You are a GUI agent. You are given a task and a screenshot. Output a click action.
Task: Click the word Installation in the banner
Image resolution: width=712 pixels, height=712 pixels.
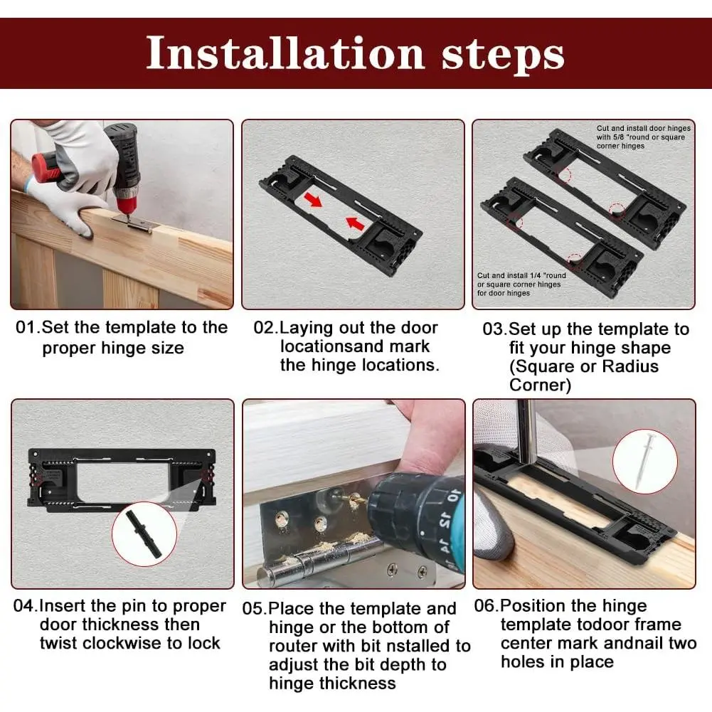(285, 53)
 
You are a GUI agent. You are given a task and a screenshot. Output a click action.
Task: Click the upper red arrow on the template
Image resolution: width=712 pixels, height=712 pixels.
(313, 198)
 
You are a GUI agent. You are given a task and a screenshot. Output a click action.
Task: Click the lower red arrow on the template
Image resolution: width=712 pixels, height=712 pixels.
(355, 223)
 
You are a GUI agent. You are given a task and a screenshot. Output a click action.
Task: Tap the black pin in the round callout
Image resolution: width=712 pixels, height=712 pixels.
(144, 534)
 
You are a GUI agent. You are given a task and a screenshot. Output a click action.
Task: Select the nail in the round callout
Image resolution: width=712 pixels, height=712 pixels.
(646, 459)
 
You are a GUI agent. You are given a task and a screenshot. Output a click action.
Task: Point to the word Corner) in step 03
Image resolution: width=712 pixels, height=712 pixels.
(541, 385)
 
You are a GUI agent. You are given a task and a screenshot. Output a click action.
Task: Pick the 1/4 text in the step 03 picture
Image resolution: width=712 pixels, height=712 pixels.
(536, 276)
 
